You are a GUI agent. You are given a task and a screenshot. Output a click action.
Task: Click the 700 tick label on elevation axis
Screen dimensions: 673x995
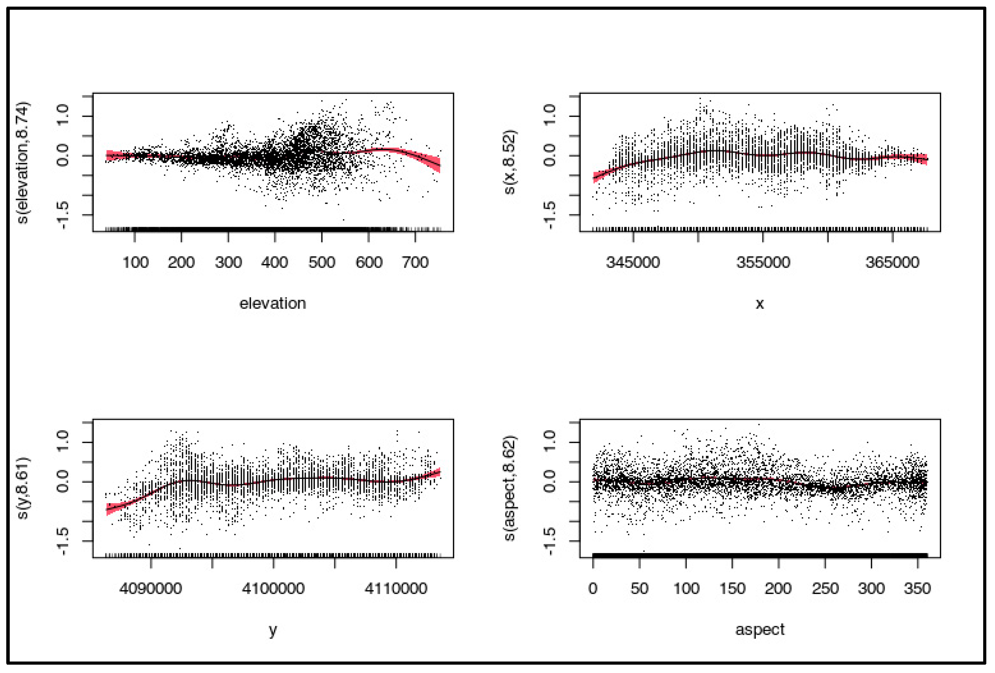point(415,262)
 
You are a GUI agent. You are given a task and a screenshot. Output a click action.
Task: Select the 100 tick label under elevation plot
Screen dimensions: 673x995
point(135,262)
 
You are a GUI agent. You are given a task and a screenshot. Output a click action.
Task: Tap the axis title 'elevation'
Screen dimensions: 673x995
point(273,303)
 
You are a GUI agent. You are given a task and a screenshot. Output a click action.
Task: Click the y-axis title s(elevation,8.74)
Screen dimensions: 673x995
point(23,163)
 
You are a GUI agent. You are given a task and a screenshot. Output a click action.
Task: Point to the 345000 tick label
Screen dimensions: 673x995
point(633,262)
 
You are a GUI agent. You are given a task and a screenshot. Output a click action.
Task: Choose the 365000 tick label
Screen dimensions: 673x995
point(892,262)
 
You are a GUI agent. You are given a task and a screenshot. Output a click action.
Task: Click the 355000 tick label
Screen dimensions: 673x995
point(763,262)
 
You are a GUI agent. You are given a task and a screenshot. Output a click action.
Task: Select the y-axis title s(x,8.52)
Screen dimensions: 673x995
point(509,162)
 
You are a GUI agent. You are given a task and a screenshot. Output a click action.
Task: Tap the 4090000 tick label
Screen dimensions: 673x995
point(151,588)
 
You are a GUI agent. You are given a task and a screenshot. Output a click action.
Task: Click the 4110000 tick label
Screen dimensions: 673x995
point(396,588)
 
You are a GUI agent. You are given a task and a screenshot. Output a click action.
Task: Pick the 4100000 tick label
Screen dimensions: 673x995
point(273,588)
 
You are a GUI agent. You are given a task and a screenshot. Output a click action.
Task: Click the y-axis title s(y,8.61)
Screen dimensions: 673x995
point(23,488)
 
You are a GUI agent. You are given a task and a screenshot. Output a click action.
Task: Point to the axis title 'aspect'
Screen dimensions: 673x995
point(760,629)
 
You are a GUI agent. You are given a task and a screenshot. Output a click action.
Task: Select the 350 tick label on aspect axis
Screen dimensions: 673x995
point(917,588)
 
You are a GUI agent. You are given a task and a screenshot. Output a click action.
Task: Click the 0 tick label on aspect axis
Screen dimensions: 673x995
point(593,588)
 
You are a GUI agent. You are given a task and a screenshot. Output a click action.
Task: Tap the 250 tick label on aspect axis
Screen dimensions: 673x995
point(825,588)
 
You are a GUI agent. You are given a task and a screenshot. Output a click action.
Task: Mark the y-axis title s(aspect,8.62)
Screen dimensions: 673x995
point(509,488)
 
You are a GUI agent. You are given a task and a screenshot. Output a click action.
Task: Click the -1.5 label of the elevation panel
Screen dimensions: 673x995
point(63,215)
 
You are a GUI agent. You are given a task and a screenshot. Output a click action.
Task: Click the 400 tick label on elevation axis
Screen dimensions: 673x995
point(275,262)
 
